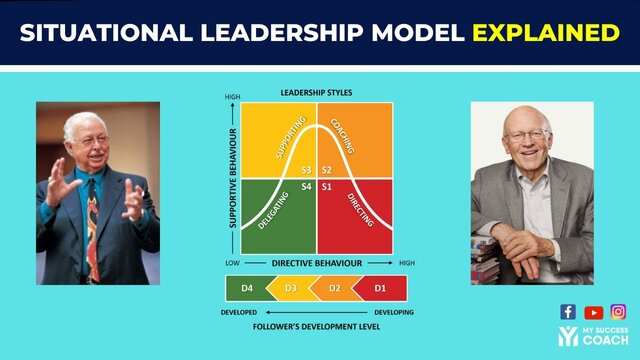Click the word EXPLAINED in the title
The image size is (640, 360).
[x=545, y=32]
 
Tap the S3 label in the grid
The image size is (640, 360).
[x=308, y=170]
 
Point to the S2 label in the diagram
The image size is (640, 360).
[x=327, y=170]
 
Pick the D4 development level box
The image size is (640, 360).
[x=246, y=289]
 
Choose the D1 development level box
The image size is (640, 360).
[x=380, y=289]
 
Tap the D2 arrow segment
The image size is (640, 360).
[x=336, y=289]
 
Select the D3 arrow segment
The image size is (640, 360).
[x=291, y=289]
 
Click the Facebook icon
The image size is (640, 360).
[x=568, y=312]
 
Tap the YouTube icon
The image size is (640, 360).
[x=594, y=312]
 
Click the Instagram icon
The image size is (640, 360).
[x=619, y=312]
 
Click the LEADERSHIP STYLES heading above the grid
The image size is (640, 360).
[x=317, y=92]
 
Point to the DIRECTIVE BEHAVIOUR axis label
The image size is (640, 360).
[x=316, y=262]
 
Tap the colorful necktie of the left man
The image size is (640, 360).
[x=92, y=225]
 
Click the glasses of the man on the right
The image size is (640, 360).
[x=528, y=134]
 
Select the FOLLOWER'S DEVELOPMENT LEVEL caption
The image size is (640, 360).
[x=316, y=327]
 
